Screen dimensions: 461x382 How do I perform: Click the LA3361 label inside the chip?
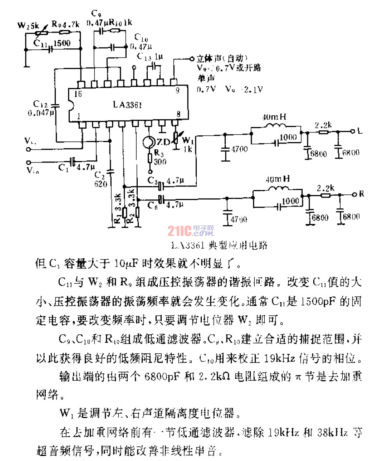[x=127, y=105]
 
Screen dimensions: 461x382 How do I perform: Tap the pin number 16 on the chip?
[x=78, y=94]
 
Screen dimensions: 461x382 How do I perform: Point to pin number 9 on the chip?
[x=177, y=90]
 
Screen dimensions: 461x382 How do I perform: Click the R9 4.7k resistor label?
[x=65, y=24]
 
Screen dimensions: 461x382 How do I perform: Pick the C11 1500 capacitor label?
[x=52, y=43]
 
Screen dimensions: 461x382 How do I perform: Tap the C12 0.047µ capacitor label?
[x=42, y=108]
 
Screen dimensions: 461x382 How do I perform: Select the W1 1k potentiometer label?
[x=187, y=144]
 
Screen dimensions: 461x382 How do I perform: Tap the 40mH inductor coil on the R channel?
[x=278, y=189]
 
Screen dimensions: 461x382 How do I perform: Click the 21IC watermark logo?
[x=190, y=231]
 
